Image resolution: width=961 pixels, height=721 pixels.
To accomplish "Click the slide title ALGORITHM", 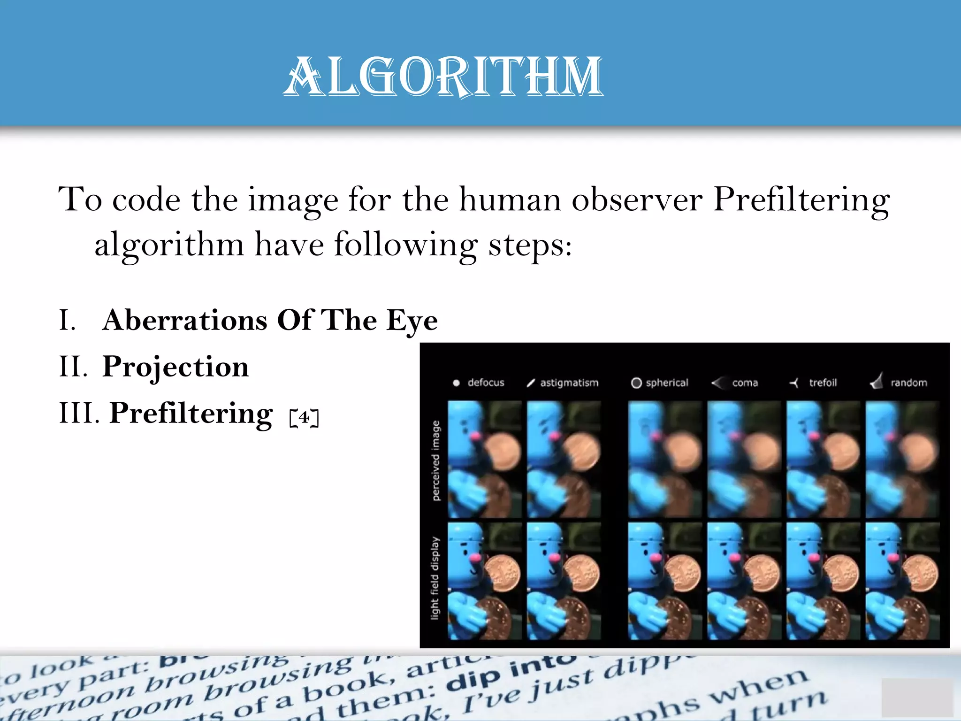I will (443, 76).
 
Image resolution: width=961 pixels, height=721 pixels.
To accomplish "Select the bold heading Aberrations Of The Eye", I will (270, 321).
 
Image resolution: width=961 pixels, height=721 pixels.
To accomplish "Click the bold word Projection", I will (175, 367).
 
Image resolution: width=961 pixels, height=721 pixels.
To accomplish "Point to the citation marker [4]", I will (304, 417).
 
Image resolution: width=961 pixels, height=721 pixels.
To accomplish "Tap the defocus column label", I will (486, 383).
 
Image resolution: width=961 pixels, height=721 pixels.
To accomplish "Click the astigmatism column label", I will (569, 383).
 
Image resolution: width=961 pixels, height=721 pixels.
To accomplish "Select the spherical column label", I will (666, 383).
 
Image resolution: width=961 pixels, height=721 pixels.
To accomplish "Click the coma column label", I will (745, 383).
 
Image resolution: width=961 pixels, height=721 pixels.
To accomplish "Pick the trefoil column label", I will (823, 383).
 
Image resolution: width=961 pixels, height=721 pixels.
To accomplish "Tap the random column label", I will (908, 383).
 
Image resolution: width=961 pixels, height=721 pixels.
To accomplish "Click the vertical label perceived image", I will (436, 460).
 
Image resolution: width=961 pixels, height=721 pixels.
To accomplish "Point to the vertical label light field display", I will (435, 578).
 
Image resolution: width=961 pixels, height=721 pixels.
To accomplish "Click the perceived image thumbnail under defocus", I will (484, 459).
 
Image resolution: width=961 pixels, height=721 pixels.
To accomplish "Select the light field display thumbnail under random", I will (902, 581).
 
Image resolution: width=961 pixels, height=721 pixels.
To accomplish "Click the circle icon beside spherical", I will (636, 383).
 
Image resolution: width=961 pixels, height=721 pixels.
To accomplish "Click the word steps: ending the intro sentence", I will (530, 245).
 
